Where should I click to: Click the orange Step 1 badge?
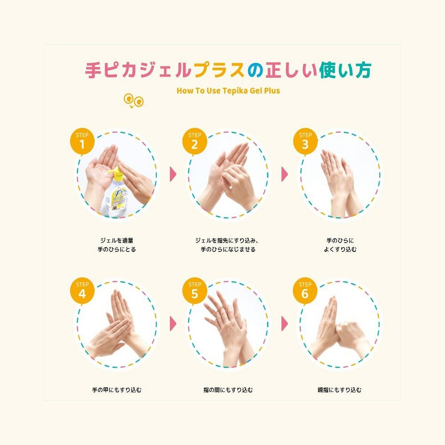click(81, 141)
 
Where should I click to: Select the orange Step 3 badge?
click(305, 141)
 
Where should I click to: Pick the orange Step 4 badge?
click(82, 291)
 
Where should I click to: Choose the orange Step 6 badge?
click(305, 291)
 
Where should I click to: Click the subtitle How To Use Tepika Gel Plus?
click(228, 90)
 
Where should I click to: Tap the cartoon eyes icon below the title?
click(133, 101)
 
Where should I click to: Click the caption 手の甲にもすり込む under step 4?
click(117, 390)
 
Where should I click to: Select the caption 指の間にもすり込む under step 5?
click(228, 390)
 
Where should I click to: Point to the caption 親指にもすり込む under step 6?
click(340, 390)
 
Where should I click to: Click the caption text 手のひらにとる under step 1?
click(117, 250)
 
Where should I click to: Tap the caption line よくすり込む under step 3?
click(340, 250)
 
